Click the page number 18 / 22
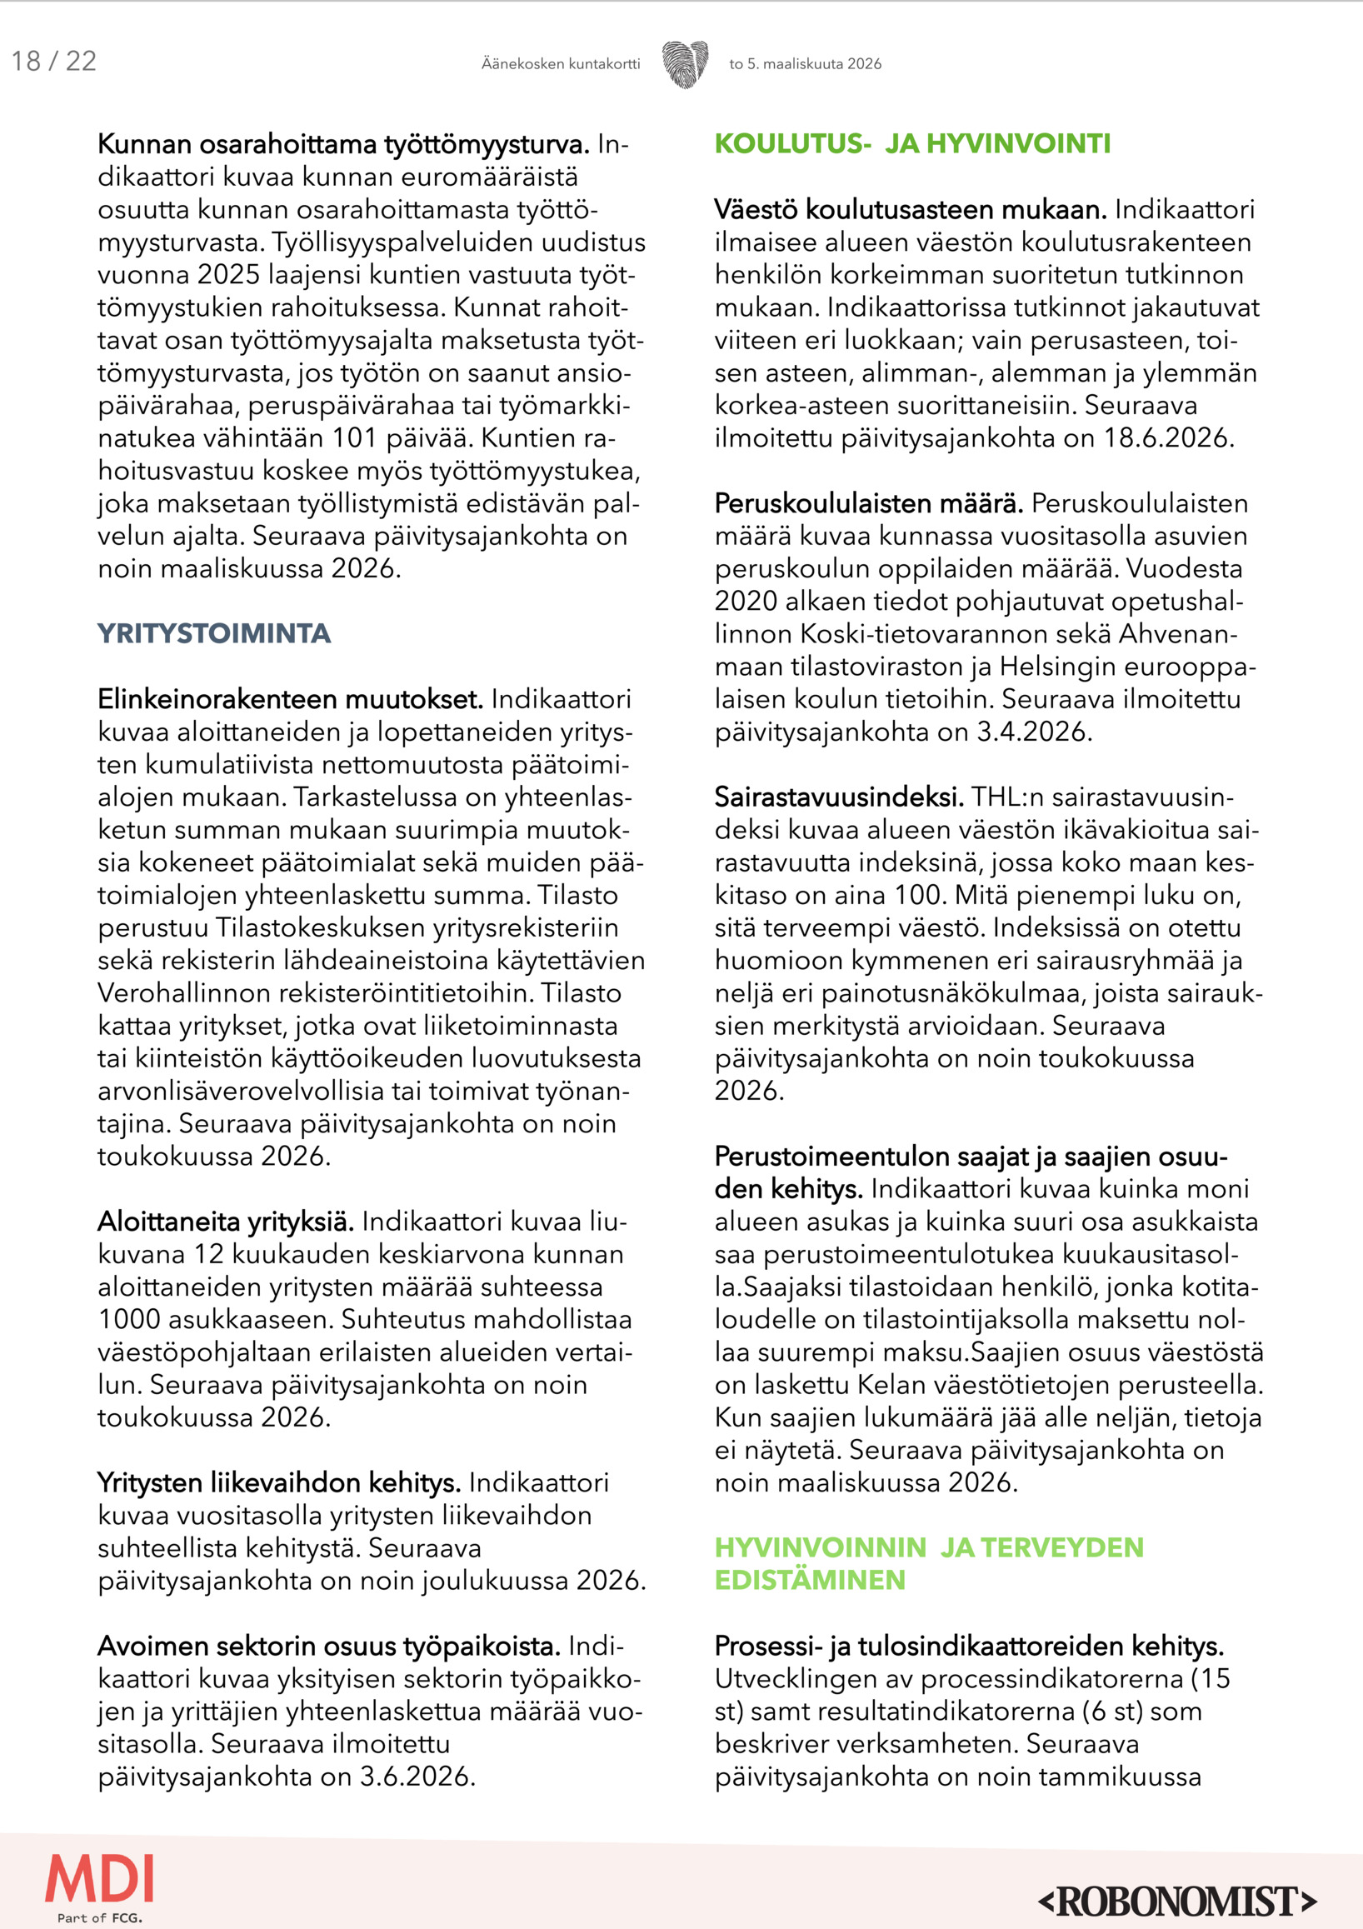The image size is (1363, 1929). (54, 62)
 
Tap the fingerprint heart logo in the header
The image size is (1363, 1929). (685, 64)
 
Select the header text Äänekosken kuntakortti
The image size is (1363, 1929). (560, 64)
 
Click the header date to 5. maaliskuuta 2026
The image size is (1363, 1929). (805, 64)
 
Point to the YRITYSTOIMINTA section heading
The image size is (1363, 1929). (214, 633)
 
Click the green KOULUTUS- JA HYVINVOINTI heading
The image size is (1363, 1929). (912, 143)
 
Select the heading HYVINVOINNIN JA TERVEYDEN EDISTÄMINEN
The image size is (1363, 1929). (928, 1563)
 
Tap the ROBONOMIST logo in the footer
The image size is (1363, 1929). (1177, 1901)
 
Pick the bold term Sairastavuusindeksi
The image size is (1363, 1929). (838, 797)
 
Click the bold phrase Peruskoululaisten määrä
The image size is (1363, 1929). (868, 503)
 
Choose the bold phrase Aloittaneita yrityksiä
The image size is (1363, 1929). (225, 1221)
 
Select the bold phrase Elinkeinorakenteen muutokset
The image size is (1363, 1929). (290, 699)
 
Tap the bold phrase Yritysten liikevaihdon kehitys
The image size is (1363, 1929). (279, 1482)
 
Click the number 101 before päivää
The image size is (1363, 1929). (354, 438)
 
